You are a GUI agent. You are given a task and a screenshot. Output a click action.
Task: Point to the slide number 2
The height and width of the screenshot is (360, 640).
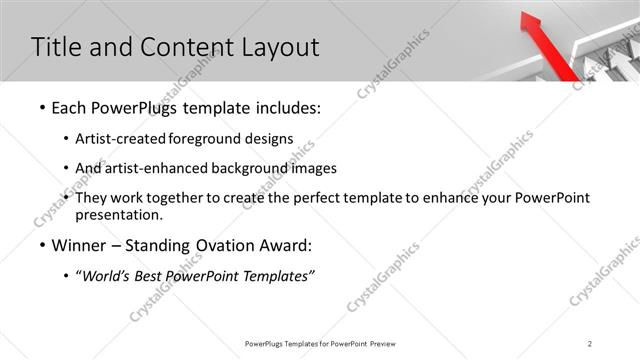pyautogui.click(x=590, y=344)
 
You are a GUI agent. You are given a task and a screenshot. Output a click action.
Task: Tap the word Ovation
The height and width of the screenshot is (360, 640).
pyautogui.click(x=224, y=245)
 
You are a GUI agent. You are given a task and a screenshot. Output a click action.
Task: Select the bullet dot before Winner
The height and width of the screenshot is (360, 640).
pyautogui.click(x=40, y=246)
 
